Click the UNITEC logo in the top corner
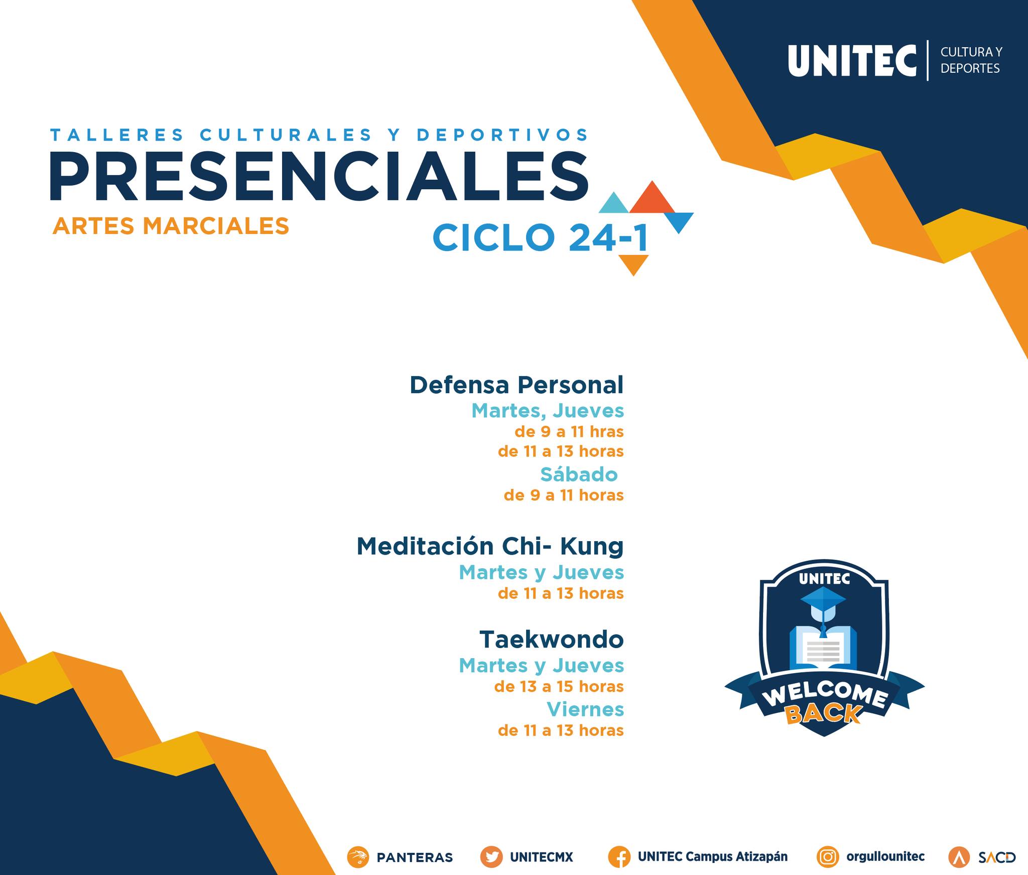click(852, 61)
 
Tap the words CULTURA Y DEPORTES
click(971, 60)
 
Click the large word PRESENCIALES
click(319, 176)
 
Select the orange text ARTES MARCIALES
click(171, 226)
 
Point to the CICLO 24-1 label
click(540, 237)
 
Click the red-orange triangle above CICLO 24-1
click(652, 198)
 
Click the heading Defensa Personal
click(517, 385)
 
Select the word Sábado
click(579, 474)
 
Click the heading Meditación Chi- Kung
click(490, 546)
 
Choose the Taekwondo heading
click(551, 640)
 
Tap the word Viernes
click(585, 709)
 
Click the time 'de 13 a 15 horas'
click(559, 686)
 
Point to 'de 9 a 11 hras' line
click(569, 432)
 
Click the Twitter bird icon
click(491, 857)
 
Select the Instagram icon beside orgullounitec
click(828, 857)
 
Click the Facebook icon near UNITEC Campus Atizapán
click(619, 857)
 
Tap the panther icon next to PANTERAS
click(358, 857)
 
